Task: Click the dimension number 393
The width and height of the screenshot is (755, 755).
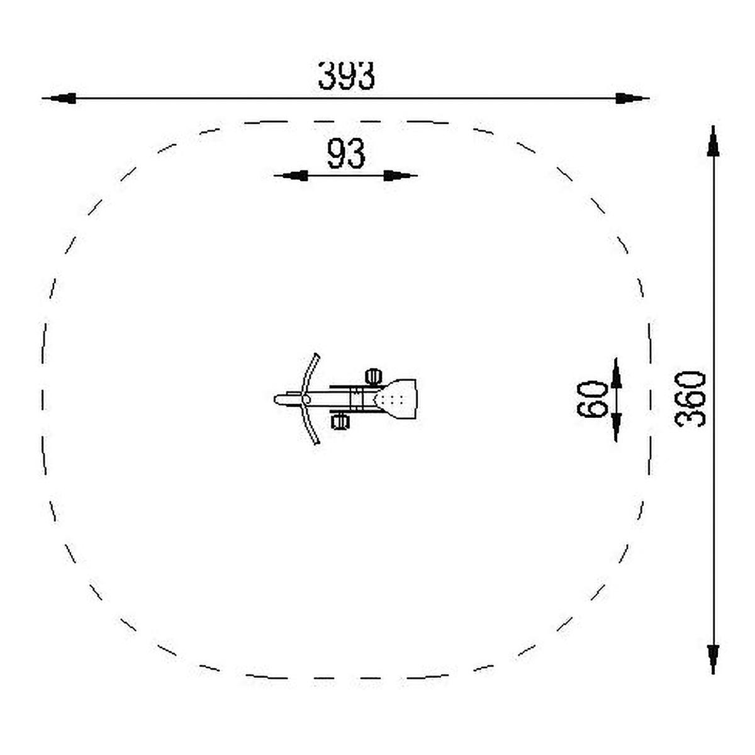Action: click(346, 75)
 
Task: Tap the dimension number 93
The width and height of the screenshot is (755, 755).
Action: click(346, 154)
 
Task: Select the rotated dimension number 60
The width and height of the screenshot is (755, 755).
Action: click(592, 400)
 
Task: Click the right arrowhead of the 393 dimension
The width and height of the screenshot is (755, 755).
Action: click(632, 98)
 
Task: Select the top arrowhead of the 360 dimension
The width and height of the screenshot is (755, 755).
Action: click(713, 142)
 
